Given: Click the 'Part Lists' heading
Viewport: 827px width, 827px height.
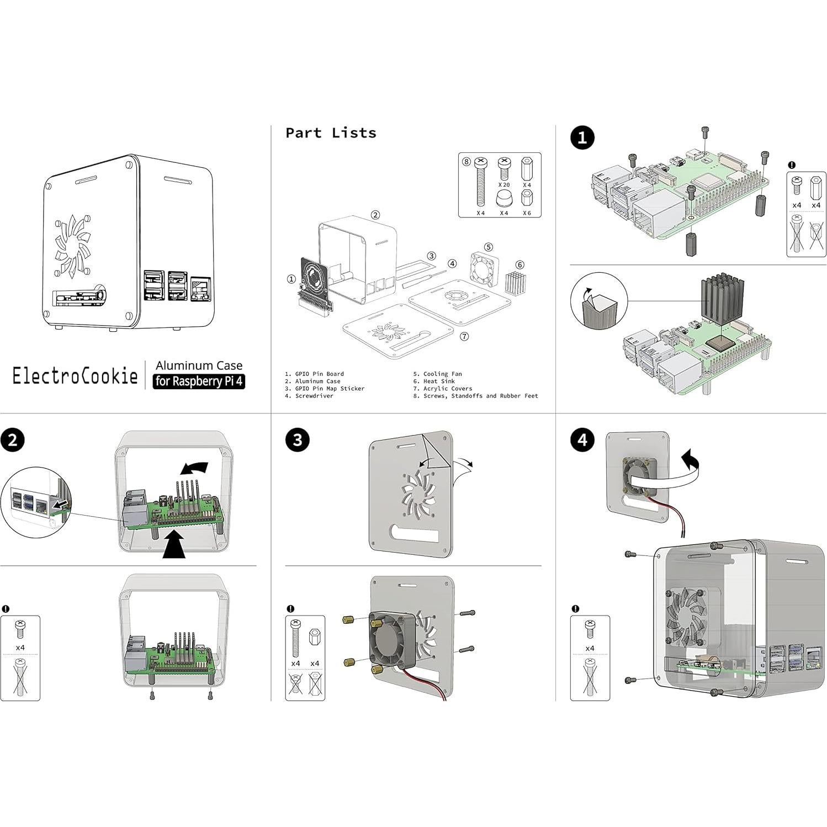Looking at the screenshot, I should [331, 133].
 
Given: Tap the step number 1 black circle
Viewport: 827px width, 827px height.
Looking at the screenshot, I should [582, 137].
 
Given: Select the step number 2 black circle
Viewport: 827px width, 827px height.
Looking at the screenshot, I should [13, 440].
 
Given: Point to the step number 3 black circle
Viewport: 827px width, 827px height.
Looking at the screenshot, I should [298, 440].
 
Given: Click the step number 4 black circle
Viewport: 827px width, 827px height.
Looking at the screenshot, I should [582, 440].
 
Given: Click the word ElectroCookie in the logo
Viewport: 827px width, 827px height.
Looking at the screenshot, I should [75, 376].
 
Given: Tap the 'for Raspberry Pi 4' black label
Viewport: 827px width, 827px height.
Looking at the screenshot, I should [199, 381].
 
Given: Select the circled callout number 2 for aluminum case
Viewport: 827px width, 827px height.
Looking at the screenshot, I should [375, 215].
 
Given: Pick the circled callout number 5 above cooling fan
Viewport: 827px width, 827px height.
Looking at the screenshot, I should [489, 247].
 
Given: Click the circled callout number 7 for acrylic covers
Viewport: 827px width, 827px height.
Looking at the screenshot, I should [464, 336].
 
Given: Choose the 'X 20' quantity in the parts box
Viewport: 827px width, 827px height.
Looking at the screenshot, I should [503, 185].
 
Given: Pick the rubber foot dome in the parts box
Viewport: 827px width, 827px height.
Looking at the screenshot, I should [503, 199].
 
